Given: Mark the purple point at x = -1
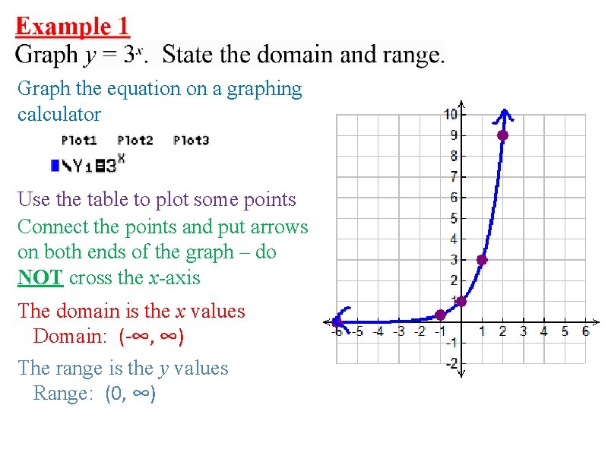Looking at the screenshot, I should click(x=440, y=315).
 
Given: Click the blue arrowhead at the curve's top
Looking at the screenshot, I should click(x=502, y=115).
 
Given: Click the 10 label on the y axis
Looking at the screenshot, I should click(x=451, y=114).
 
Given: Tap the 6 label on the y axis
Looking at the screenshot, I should click(x=453, y=197).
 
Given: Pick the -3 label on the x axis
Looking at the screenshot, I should click(x=397, y=331).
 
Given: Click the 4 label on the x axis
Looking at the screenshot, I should click(x=543, y=331).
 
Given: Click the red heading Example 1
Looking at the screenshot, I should click(x=73, y=27).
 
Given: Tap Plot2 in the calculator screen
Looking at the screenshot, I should click(x=135, y=140).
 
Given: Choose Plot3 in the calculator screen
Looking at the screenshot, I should click(x=191, y=140).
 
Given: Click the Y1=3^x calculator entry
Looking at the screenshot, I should click(x=88, y=163).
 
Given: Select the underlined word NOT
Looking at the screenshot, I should click(x=40, y=277).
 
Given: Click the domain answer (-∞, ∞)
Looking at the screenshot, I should click(x=151, y=335).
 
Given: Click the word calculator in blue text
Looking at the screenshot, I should click(x=59, y=115).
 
